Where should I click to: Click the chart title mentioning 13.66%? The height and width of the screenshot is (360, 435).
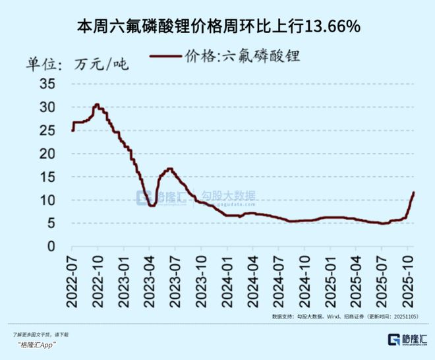tap(218, 27)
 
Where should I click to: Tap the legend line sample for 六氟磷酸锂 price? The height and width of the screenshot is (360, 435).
tap(167, 56)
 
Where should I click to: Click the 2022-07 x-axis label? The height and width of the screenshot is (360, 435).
tap(72, 280)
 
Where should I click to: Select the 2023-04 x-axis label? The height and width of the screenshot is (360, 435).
tap(150, 280)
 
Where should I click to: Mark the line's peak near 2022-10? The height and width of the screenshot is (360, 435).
tap(97, 104)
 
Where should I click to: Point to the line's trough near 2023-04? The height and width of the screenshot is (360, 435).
tap(152, 206)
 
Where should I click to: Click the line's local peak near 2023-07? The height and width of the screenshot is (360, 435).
tap(169, 169)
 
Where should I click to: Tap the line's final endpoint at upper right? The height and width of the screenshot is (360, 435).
tap(413, 193)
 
